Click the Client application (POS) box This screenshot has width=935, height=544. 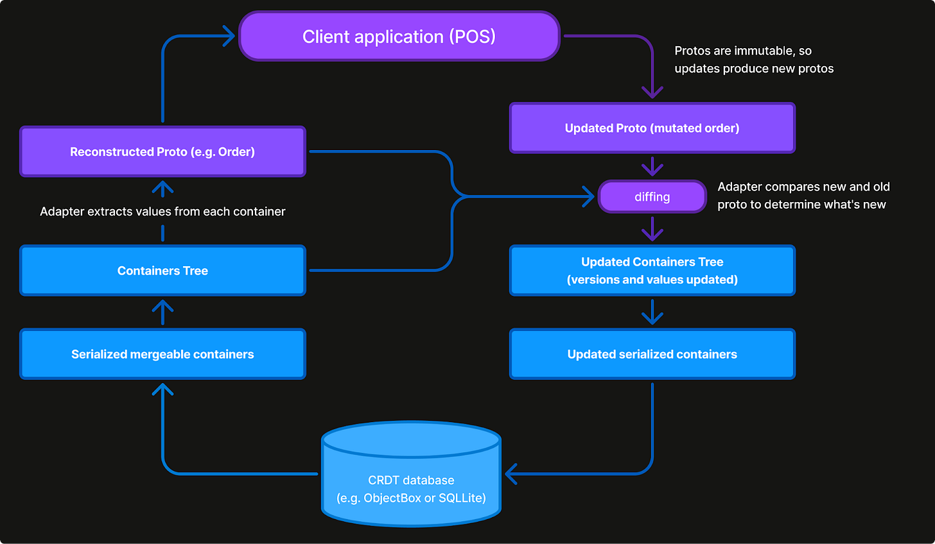[x=399, y=37]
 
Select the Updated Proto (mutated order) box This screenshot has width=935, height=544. [x=652, y=128]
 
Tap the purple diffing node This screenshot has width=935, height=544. [x=652, y=197]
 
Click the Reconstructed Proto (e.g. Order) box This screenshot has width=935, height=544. [x=162, y=152]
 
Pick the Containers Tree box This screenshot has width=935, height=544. [x=162, y=271]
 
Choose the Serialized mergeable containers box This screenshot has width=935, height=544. [x=162, y=354]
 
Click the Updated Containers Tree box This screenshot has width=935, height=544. [x=652, y=271]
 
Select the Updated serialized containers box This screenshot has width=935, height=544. [x=652, y=354]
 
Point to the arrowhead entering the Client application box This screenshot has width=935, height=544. [x=229, y=37]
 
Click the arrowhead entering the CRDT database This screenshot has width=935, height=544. [x=511, y=474]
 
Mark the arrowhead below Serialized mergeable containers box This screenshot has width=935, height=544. [x=162, y=389]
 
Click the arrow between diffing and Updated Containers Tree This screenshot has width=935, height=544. [x=652, y=229]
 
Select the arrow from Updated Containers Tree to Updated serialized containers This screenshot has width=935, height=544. [x=652, y=312]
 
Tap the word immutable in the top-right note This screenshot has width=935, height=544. [x=764, y=51]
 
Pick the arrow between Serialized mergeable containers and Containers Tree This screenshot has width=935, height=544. [x=162, y=312]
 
